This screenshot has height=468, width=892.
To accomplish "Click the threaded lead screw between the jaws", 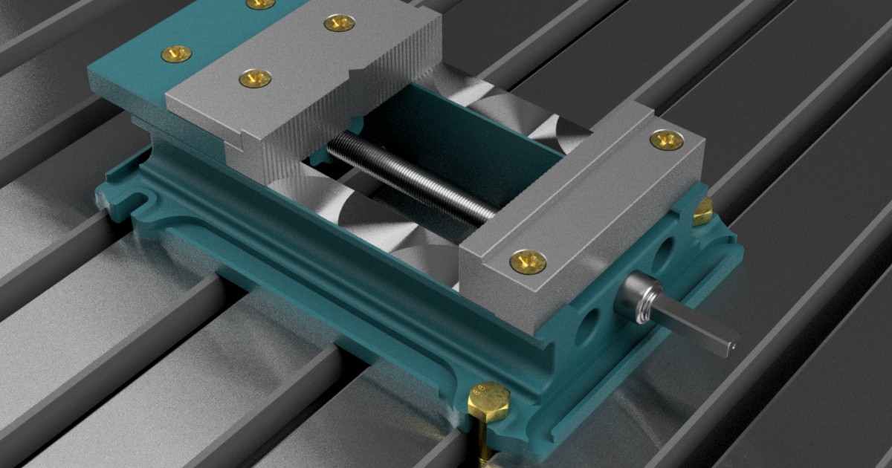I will coord(409,179).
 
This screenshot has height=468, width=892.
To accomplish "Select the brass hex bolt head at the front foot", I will coord(488,401).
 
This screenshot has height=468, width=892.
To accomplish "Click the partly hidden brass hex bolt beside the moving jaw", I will coord(702,212).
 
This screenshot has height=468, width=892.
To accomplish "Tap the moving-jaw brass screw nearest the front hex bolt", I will coord(528,261).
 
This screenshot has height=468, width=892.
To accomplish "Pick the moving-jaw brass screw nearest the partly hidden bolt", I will coord(667,140).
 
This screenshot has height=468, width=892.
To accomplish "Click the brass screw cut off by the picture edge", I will coord(260,4).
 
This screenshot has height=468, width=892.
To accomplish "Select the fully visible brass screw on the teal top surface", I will coord(176,53).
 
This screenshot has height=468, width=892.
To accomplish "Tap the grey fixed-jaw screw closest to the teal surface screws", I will coord(255,77).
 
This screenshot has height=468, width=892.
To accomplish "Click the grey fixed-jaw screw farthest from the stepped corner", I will coord(339,23).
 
